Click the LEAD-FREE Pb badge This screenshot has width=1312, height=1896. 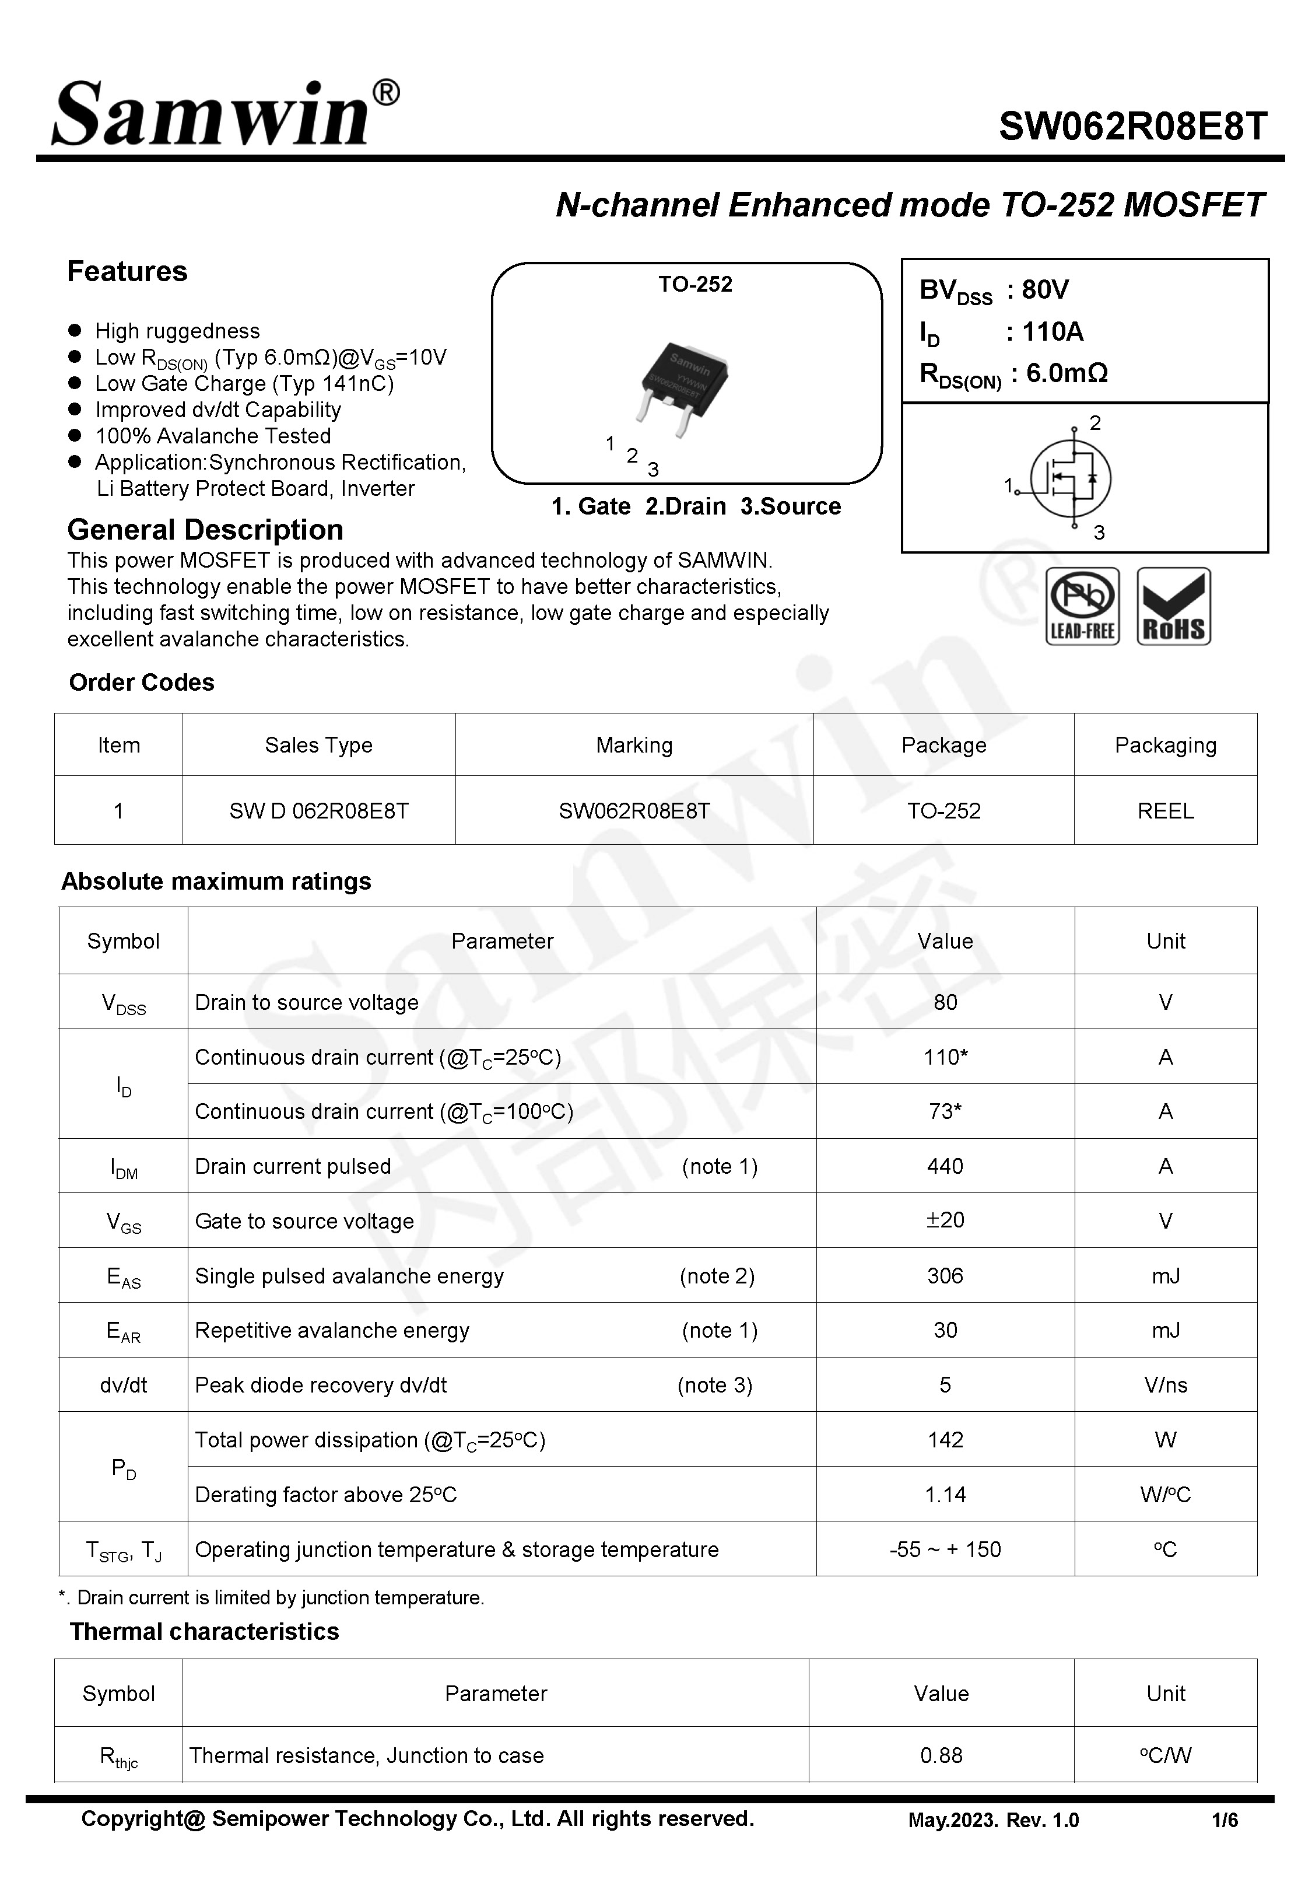tap(1082, 606)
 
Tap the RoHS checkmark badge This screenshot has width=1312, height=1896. tap(1173, 606)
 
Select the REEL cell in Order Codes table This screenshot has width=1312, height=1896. tap(1165, 811)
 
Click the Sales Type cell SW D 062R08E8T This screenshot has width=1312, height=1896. tap(318, 811)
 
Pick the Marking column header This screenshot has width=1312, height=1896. tap(634, 745)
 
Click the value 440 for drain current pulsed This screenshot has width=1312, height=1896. tap(945, 1166)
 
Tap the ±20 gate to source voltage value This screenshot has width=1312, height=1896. tap(945, 1220)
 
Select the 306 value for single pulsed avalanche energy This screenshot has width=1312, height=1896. tap(945, 1275)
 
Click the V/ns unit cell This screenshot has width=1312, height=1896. tap(1165, 1384)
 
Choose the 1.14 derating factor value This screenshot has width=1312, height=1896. tap(945, 1494)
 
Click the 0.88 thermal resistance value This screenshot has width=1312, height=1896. tap(941, 1755)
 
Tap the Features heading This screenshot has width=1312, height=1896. tap(128, 271)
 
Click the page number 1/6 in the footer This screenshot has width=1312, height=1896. tap(1224, 1820)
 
